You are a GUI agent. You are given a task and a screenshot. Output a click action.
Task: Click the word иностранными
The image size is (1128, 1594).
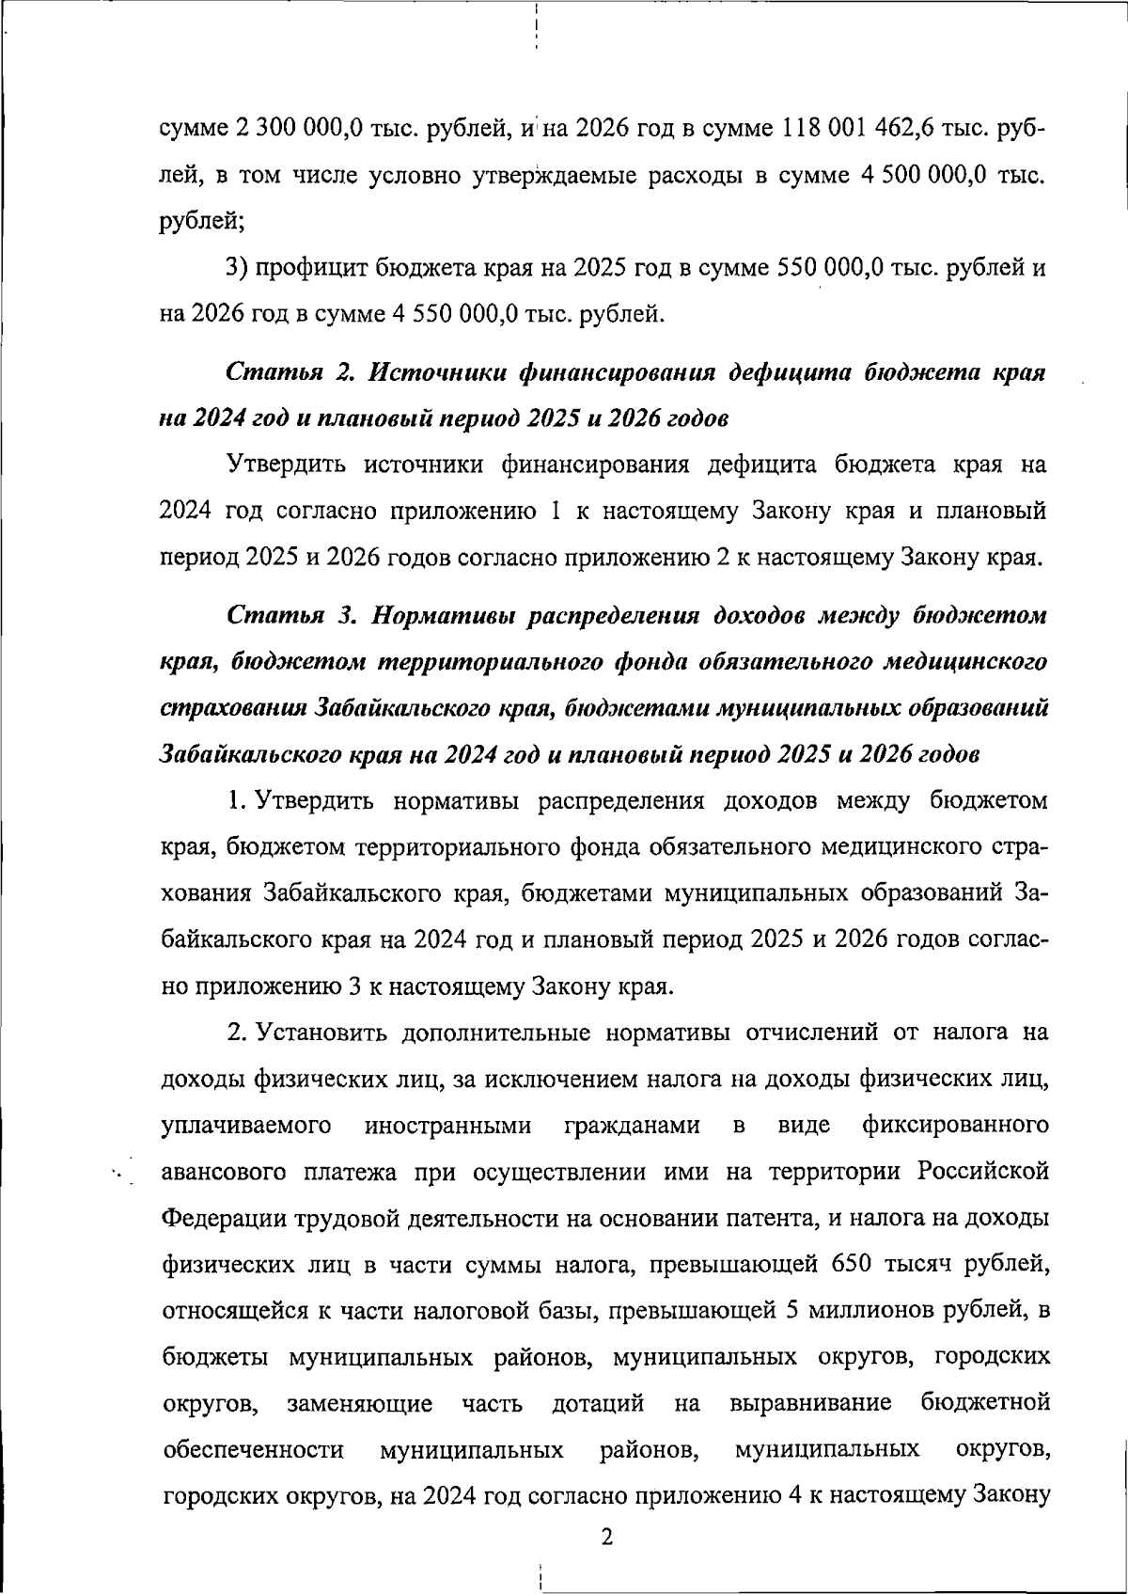pos(447,1126)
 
